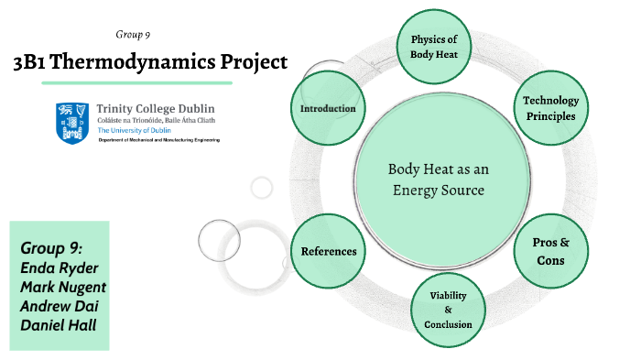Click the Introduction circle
[327, 109]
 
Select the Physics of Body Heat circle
[433, 47]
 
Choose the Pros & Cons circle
[550, 251]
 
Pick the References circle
[327, 251]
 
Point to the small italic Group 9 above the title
[133, 35]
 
